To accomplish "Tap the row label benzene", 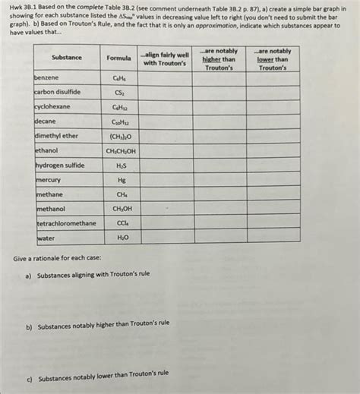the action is point(47,77).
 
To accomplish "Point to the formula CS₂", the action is point(120,93).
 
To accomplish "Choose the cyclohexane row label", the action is point(52,106).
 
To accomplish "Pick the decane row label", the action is point(46,121).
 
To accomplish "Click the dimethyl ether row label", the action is point(56,135).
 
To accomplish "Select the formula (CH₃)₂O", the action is point(120,136).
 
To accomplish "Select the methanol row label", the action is point(51,209).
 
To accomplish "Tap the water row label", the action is point(46,238).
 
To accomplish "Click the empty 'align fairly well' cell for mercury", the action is point(165,180).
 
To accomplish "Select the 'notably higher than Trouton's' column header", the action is point(221,59).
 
